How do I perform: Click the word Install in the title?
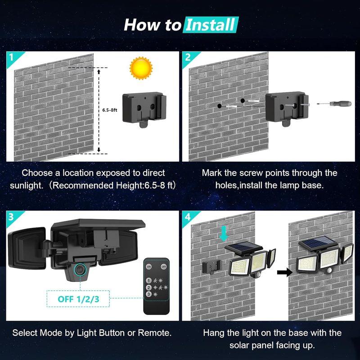211,24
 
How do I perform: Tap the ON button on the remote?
149,266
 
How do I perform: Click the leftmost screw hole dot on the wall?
219,105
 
